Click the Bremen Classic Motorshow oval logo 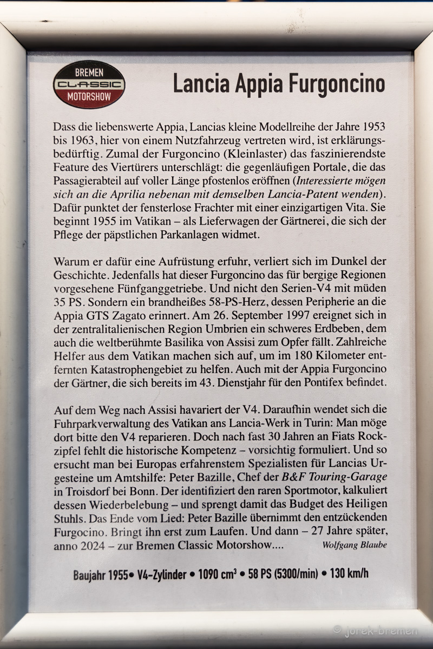click(x=89, y=84)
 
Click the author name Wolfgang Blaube click(x=355, y=545)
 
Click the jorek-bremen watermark click(x=375, y=631)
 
